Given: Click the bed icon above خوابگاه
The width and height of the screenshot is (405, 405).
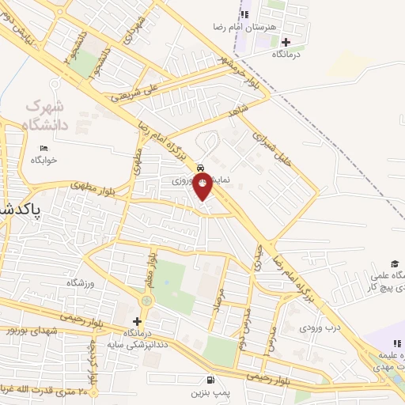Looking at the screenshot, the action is click(x=44, y=148).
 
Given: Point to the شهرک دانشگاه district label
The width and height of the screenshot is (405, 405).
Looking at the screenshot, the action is click(x=47, y=114).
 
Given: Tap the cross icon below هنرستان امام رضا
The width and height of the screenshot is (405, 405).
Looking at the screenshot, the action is click(x=286, y=41).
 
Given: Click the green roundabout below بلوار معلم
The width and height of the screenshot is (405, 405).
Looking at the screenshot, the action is click(x=147, y=301).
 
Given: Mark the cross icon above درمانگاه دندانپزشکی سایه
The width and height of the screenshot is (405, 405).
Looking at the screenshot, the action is click(x=138, y=321).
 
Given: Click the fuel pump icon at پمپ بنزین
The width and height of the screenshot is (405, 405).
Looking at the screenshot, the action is click(x=209, y=379).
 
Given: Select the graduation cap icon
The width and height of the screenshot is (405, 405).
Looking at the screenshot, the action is click(x=394, y=263).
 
